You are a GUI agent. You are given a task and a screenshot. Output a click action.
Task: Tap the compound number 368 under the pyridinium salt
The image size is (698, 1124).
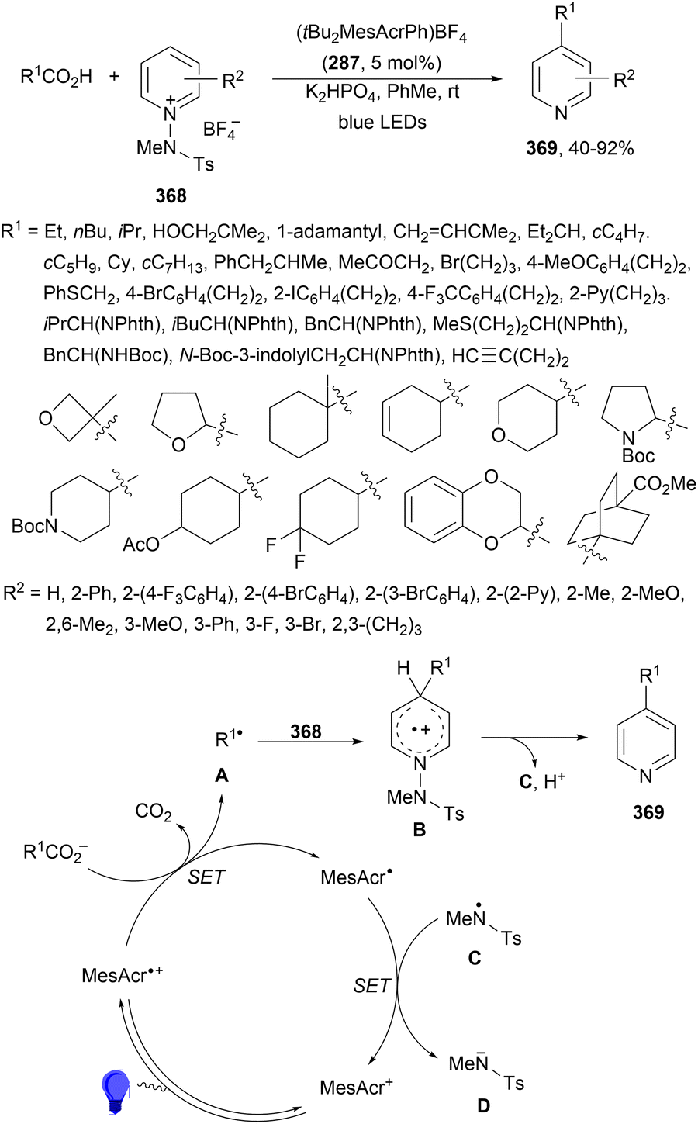(x=171, y=195)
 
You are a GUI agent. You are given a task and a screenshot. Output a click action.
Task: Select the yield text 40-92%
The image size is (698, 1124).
(x=601, y=148)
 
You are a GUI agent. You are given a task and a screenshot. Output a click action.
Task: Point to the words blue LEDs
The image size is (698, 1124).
(x=382, y=123)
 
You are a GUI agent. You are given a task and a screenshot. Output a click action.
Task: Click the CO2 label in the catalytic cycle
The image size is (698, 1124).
(x=154, y=811)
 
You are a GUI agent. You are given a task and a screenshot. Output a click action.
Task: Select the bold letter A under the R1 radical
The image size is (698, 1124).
(x=221, y=776)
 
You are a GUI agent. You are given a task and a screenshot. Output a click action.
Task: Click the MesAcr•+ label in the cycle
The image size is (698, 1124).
(x=123, y=975)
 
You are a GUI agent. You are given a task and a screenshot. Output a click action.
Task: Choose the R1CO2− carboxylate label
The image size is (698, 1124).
(x=56, y=853)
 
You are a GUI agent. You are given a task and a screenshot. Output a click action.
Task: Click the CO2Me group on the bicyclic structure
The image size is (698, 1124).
(x=665, y=484)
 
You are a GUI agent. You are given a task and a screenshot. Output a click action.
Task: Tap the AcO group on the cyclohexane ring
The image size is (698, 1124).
(x=141, y=544)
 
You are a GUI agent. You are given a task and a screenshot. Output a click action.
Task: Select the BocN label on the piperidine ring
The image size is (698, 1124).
(x=35, y=526)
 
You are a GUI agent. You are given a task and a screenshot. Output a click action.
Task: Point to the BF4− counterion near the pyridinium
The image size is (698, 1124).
(x=221, y=130)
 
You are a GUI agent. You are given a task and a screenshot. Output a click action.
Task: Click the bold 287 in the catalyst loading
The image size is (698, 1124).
(x=344, y=63)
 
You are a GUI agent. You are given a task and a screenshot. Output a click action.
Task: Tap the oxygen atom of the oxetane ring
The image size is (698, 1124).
(x=45, y=418)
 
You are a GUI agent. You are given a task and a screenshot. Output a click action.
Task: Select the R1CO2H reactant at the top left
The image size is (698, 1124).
(x=56, y=77)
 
